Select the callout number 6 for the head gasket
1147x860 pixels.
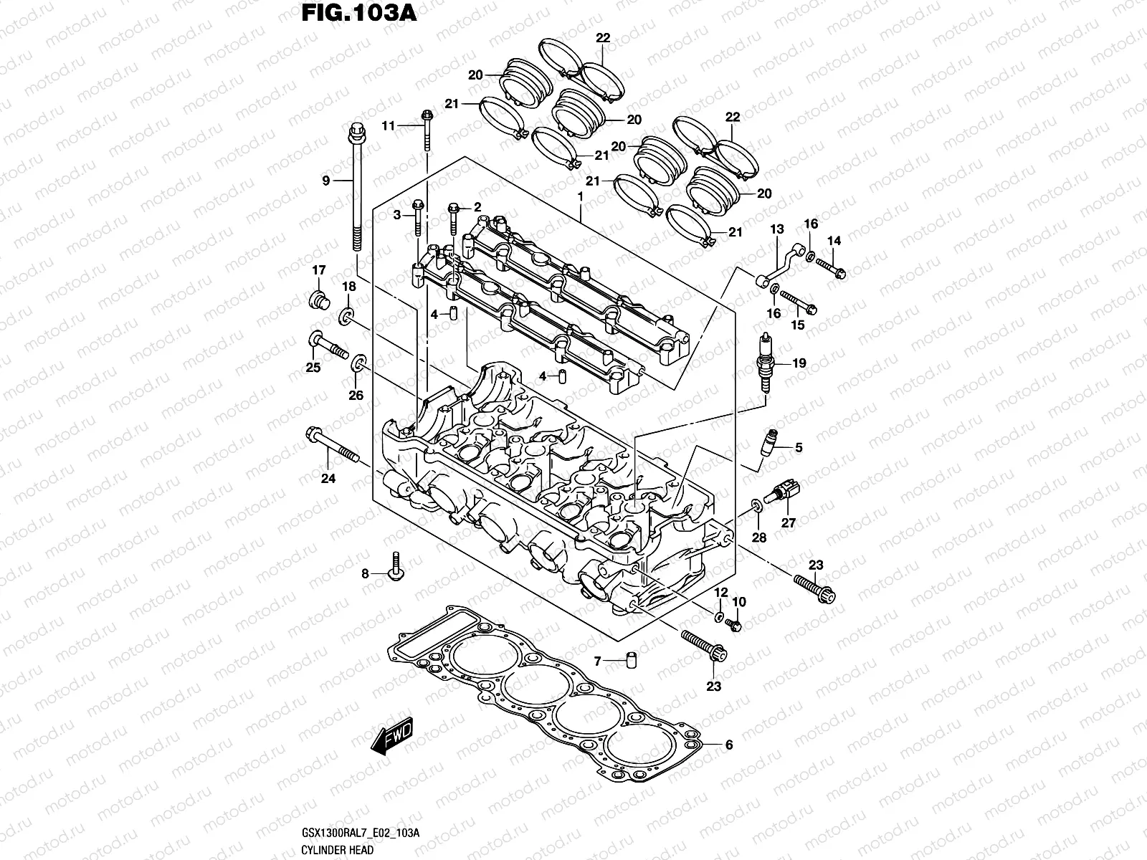729,745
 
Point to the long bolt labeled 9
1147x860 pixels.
356,186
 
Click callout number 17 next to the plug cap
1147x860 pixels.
318,270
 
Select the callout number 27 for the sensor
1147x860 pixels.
789,523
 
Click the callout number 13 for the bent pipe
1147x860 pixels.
777,229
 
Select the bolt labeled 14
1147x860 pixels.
832,271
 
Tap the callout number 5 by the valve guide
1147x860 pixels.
798,449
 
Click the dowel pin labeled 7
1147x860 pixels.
631,660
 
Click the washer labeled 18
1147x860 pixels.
346,315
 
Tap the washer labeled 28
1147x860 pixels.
757,508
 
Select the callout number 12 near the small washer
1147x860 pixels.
721,592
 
